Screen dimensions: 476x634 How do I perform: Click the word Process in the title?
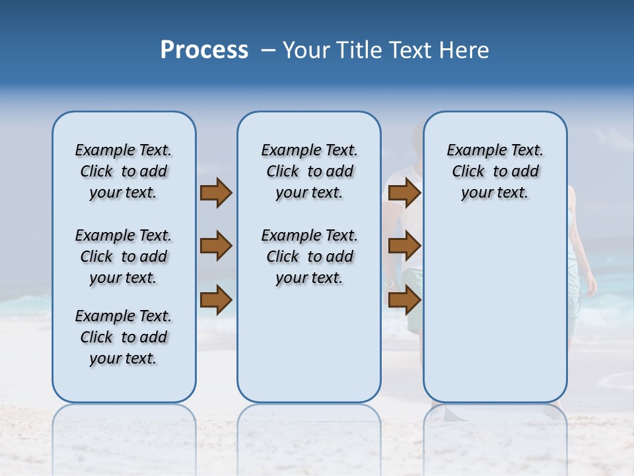click(x=204, y=50)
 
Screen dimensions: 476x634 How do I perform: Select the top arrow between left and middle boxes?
click(x=216, y=193)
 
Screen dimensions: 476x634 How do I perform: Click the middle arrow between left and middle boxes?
click(x=216, y=246)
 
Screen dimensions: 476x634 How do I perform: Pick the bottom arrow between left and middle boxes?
click(x=216, y=299)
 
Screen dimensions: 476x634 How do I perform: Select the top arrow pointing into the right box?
click(x=404, y=193)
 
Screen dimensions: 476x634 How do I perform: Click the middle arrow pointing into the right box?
click(x=404, y=246)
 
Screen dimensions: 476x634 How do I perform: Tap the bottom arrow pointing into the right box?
click(x=404, y=299)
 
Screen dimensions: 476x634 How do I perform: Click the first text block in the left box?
click(x=123, y=171)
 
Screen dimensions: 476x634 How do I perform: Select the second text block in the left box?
click(x=123, y=257)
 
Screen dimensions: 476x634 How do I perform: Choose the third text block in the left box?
click(x=123, y=337)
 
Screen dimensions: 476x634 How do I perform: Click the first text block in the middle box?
click(x=309, y=171)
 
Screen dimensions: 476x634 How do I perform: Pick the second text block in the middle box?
click(x=309, y=257)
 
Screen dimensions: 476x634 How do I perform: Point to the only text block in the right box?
click(x=495, y=171)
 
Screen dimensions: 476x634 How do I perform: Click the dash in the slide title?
click(x=269, y=50)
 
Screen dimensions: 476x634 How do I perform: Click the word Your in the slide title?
click(x=308, y=50)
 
